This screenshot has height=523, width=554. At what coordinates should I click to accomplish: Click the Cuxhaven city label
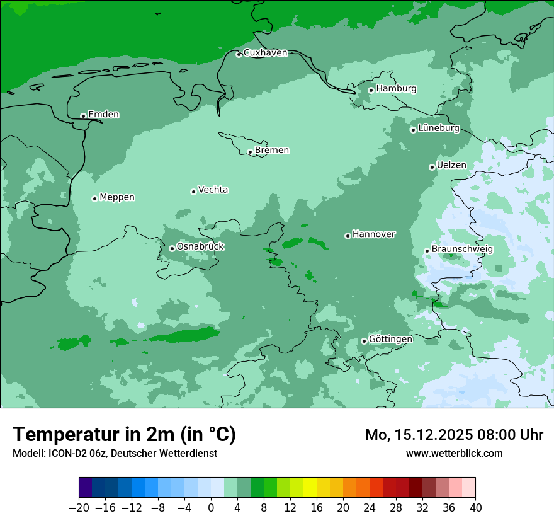point(265,53)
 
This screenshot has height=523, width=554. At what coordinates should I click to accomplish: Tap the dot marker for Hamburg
point(371,90)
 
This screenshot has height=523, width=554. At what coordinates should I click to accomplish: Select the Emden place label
point(103,115)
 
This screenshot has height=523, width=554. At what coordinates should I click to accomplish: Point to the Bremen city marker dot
point(250,152)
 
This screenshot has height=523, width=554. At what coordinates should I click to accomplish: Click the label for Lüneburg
point(439,129)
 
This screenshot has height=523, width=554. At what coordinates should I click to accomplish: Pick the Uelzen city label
point(451,166)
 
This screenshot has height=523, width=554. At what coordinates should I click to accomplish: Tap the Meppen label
point(117,197)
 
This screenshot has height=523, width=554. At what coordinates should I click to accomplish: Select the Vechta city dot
point(193,192)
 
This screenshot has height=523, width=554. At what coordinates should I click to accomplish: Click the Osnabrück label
point(200,246)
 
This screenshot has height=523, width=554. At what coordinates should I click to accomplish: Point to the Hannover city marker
point(348,236)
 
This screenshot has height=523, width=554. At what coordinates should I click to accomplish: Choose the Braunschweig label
point(462,250)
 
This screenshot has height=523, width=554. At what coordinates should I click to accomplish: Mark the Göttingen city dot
point(364,341)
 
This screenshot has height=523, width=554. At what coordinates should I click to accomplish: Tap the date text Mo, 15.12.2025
point(415,435)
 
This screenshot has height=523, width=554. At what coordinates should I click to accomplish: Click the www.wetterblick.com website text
point(454,453)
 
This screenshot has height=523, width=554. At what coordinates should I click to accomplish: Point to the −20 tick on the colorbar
point(79,508)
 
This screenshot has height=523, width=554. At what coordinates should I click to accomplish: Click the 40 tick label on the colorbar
point(475,508)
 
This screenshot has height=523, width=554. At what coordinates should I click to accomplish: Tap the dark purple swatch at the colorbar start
point(86,488)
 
